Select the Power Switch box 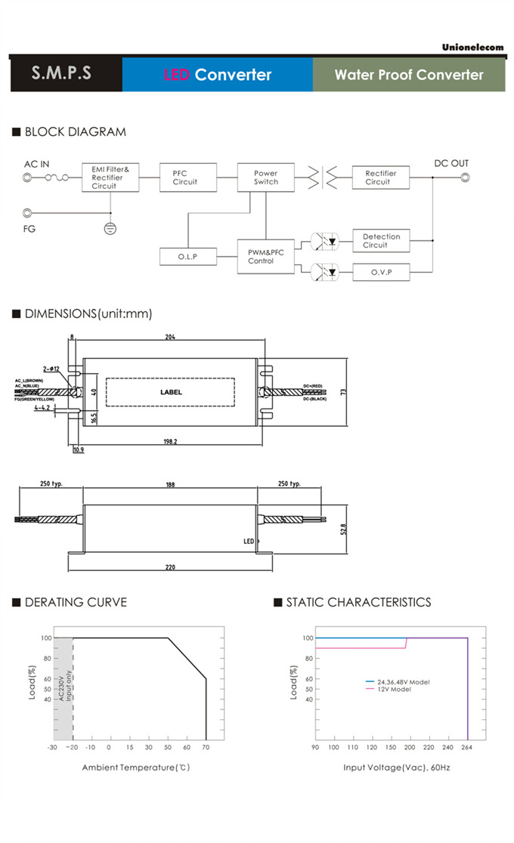click(265, 178)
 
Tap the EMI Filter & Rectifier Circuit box click(110, 178)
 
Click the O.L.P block click(187, 257)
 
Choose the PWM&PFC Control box click(265, 256)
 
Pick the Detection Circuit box click(381, 241)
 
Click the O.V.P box click(381, 272)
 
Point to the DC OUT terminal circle click(466, 178)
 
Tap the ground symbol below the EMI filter click(110, 227)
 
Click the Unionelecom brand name click(473, 47)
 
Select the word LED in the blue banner click(177, 75)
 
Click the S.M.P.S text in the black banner click(62, 74)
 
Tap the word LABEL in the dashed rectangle click(171, 392)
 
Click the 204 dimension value click(170, 338)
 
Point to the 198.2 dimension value click(169, 442)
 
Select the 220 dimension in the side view click(170, 568)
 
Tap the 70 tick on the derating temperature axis click(206, 748)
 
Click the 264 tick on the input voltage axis click(467, 748)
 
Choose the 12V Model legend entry click(394, 690)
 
